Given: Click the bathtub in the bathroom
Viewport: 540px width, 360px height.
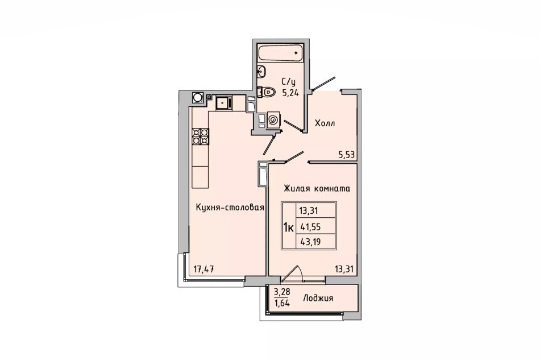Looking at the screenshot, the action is pos(280,53).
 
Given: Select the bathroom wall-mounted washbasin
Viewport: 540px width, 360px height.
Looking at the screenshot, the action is pos(261,71).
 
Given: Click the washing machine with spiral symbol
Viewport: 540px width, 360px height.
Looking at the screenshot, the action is pos(273,120).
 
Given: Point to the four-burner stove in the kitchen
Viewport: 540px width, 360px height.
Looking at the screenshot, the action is pos(201,136).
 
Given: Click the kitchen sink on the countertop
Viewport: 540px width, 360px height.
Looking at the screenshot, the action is pos(224,103).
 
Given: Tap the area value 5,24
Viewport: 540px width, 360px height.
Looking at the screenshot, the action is pos(290,93).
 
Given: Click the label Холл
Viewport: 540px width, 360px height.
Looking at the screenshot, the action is pos(325,123).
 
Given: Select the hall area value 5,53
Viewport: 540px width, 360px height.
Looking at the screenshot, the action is pos(346,155).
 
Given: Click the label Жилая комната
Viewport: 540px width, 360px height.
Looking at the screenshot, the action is pos(317,188).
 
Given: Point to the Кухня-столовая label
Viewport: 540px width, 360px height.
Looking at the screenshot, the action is pos(230,208).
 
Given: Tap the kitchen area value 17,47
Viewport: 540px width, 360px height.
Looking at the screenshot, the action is pos(203,268).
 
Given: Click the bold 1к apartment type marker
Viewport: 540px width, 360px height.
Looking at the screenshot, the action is pos(288,227).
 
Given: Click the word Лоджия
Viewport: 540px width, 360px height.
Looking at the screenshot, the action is pos(318,298).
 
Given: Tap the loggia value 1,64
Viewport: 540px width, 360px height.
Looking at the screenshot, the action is pos(282,303).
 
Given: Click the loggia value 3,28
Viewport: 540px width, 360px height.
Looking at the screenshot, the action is pos(282,292).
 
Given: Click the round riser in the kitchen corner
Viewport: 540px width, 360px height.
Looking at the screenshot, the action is pos(198,97).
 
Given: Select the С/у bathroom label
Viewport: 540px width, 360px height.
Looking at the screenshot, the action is pos(289,82).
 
